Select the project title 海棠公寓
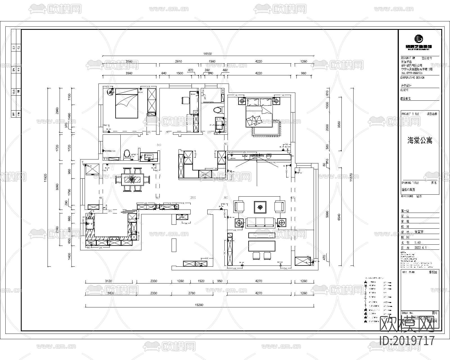point(420,140)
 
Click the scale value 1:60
point(418,242)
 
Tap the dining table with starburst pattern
point(132,179)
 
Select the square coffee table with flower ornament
point(260,207)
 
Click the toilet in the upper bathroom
point(218,110)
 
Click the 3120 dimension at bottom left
point(109,281)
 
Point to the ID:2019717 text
point(407,341)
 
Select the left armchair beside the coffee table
point(240,206)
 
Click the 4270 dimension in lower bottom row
point(258,293)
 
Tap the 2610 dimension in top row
point(179,61)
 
